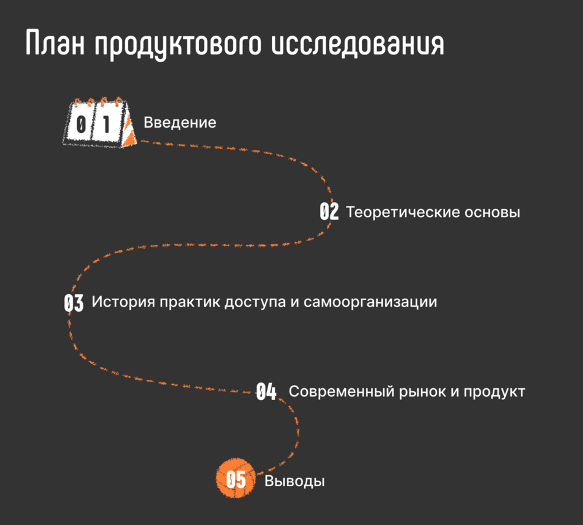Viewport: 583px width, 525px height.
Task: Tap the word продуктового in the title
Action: coord(178,45)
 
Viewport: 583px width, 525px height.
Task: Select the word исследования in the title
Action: coord(358,43)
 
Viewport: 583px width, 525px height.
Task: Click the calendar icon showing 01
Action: coord(100,122)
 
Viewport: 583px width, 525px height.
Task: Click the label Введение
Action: coord(180,122)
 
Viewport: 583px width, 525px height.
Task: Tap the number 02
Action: coord(329,211)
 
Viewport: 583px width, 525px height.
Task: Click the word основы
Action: coord(492,212)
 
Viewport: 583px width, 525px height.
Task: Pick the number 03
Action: coord(74,303)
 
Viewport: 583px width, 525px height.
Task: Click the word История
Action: coord(124,302)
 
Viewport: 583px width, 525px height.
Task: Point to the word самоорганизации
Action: coord(371,302)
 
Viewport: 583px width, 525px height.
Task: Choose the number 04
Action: coord(266,391)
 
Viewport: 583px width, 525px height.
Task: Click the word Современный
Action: coord(341,391)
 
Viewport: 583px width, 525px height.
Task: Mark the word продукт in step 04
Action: coord(494,391)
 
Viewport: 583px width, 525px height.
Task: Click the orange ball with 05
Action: coord(236,478)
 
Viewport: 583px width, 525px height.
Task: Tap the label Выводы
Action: coord(295,481)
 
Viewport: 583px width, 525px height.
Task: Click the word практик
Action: coord(190,302)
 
